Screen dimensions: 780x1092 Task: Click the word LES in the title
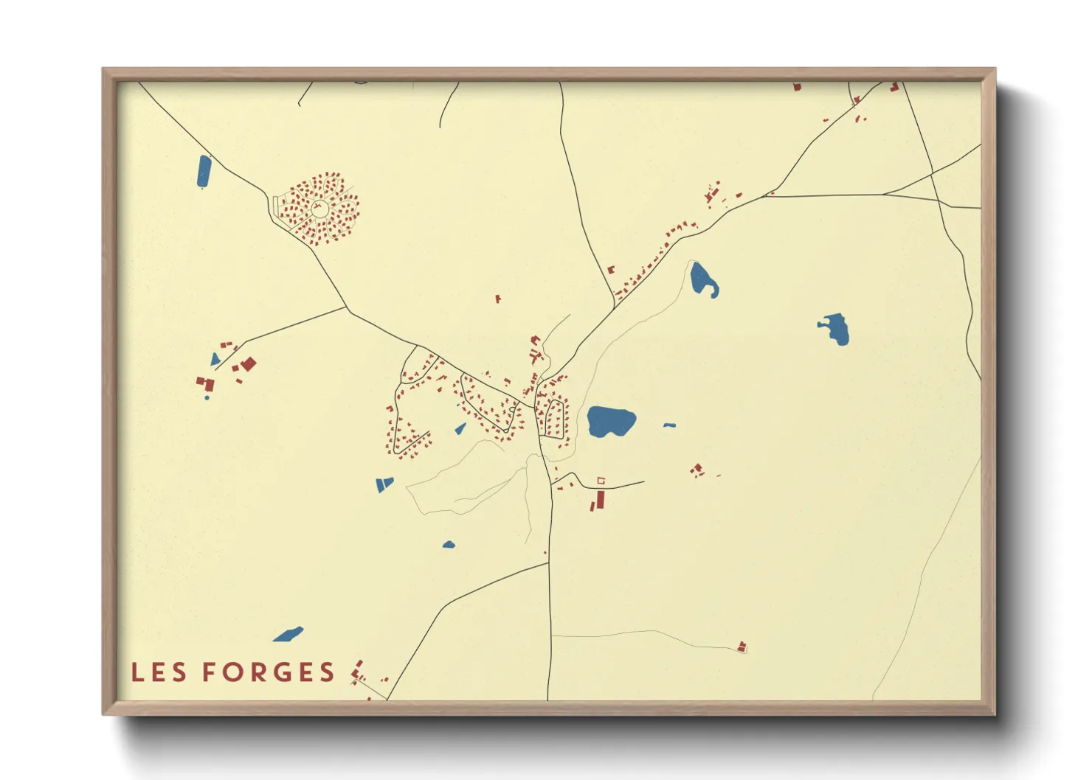[x=159, y=672]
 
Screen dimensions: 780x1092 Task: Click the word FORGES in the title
[x=269, y=672]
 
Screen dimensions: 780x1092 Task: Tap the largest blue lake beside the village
[x=610, y=421]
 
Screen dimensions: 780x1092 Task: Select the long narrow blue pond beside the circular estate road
[x=204, y=171]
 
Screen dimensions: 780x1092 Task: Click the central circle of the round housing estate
[x=319, y=209]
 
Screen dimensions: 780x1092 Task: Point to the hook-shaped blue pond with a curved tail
[x=702, y=280]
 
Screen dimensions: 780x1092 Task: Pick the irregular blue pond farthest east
[x=836, y=328]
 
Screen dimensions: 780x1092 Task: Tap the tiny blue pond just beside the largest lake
[x=669, y=425]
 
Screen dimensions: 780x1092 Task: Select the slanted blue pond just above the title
[x=288, y=634]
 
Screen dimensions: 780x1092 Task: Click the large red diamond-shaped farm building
[x=249, y=363]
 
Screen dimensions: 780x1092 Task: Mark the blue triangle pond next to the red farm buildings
[x=215, y=360]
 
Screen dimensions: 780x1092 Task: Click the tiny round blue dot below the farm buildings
[x=207, y=398]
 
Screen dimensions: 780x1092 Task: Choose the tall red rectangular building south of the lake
[x=600, y=500]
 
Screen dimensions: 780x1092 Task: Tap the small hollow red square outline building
[x=601, y=481]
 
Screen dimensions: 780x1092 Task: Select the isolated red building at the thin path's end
[x=742, y=647]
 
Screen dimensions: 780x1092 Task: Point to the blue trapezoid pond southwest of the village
[x=384, y=484]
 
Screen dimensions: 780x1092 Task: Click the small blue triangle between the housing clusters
[x=460, y=428]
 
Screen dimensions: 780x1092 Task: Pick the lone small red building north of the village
[x=498, y=299]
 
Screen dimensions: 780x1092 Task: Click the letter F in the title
[x=210, y=672]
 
